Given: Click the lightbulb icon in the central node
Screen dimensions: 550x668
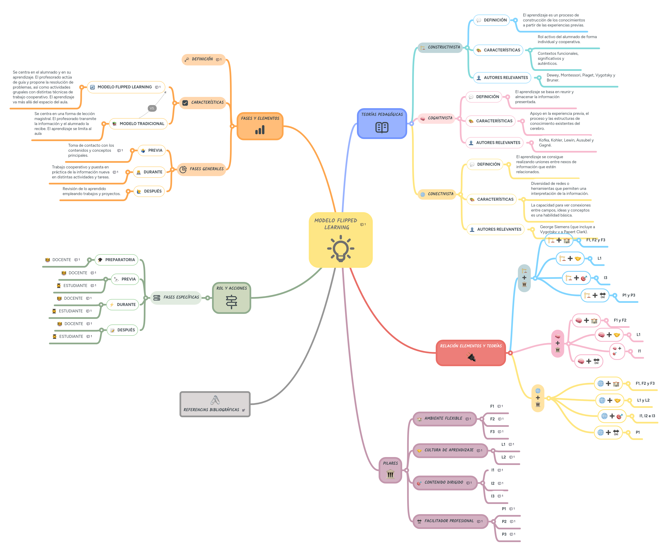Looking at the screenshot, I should pos(341,248).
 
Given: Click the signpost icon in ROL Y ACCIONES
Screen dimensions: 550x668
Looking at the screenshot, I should pos(231,302).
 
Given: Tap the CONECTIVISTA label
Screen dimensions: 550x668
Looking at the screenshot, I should pos(440,194).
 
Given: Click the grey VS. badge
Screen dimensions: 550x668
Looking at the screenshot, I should pos(152,108).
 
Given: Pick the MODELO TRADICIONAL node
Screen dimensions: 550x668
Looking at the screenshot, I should pos(141,124).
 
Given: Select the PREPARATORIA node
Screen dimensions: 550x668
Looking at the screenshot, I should pos(120,260).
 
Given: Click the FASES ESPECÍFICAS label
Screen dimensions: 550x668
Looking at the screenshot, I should pos(181,297).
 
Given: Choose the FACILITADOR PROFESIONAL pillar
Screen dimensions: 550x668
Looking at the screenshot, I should pos(449,521).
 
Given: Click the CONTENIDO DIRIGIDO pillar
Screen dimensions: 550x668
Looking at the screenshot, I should pos(444,482).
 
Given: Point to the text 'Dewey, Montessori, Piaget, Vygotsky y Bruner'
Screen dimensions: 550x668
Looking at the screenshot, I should pos(581,78).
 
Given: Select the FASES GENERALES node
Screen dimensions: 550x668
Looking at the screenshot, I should pos(206,169).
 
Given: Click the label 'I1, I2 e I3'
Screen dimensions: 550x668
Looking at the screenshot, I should pos(647,416).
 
